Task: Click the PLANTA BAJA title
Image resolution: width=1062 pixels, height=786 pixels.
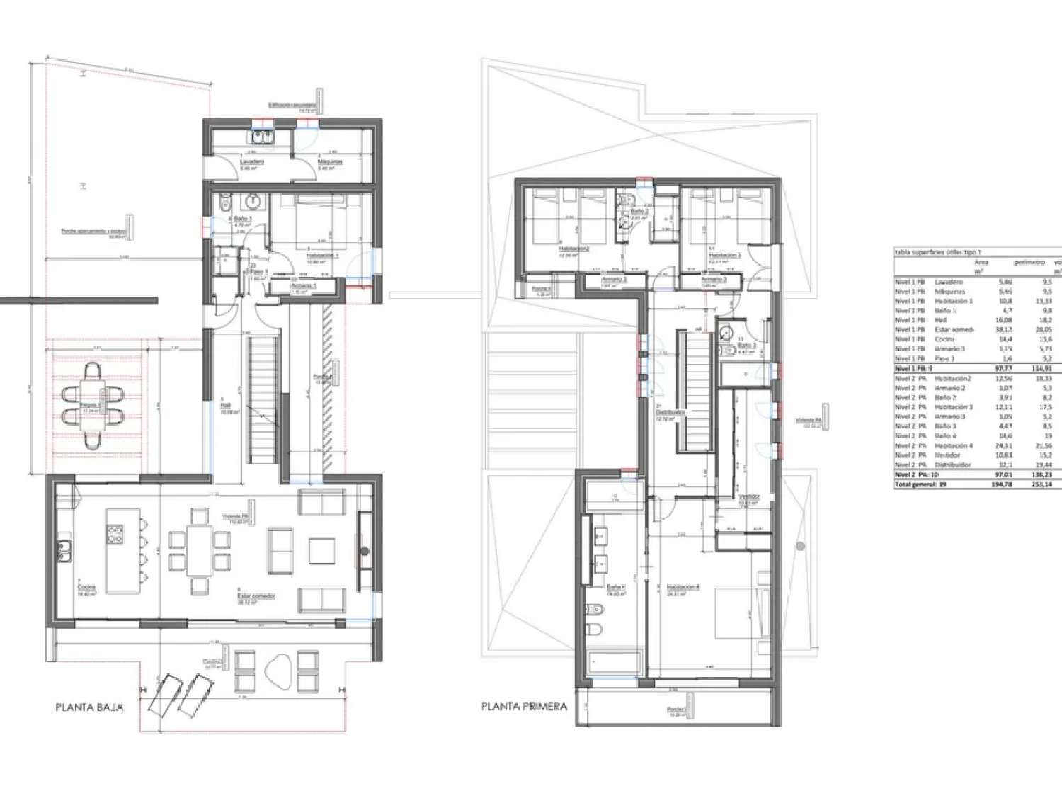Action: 89,707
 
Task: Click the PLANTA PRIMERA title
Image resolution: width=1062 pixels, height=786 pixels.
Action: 524,706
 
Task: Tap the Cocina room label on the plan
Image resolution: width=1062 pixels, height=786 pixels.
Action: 86,588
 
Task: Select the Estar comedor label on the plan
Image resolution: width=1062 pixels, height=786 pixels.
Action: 256,596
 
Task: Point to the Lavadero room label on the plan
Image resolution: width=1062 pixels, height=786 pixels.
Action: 251,162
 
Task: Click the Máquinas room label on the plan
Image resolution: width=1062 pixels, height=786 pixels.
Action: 330,162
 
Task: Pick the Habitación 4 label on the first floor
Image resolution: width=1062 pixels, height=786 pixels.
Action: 683,587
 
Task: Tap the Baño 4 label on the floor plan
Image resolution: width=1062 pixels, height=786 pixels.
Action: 616,587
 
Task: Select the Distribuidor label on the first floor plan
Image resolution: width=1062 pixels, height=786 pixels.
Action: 670,412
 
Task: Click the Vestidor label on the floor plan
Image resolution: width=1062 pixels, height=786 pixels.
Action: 749,496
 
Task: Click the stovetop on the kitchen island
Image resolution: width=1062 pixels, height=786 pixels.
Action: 115,534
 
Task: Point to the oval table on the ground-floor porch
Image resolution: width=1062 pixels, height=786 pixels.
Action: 276,670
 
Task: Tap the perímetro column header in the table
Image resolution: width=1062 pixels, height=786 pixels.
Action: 1029,262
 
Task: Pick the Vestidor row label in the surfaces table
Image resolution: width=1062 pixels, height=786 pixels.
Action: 947,455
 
